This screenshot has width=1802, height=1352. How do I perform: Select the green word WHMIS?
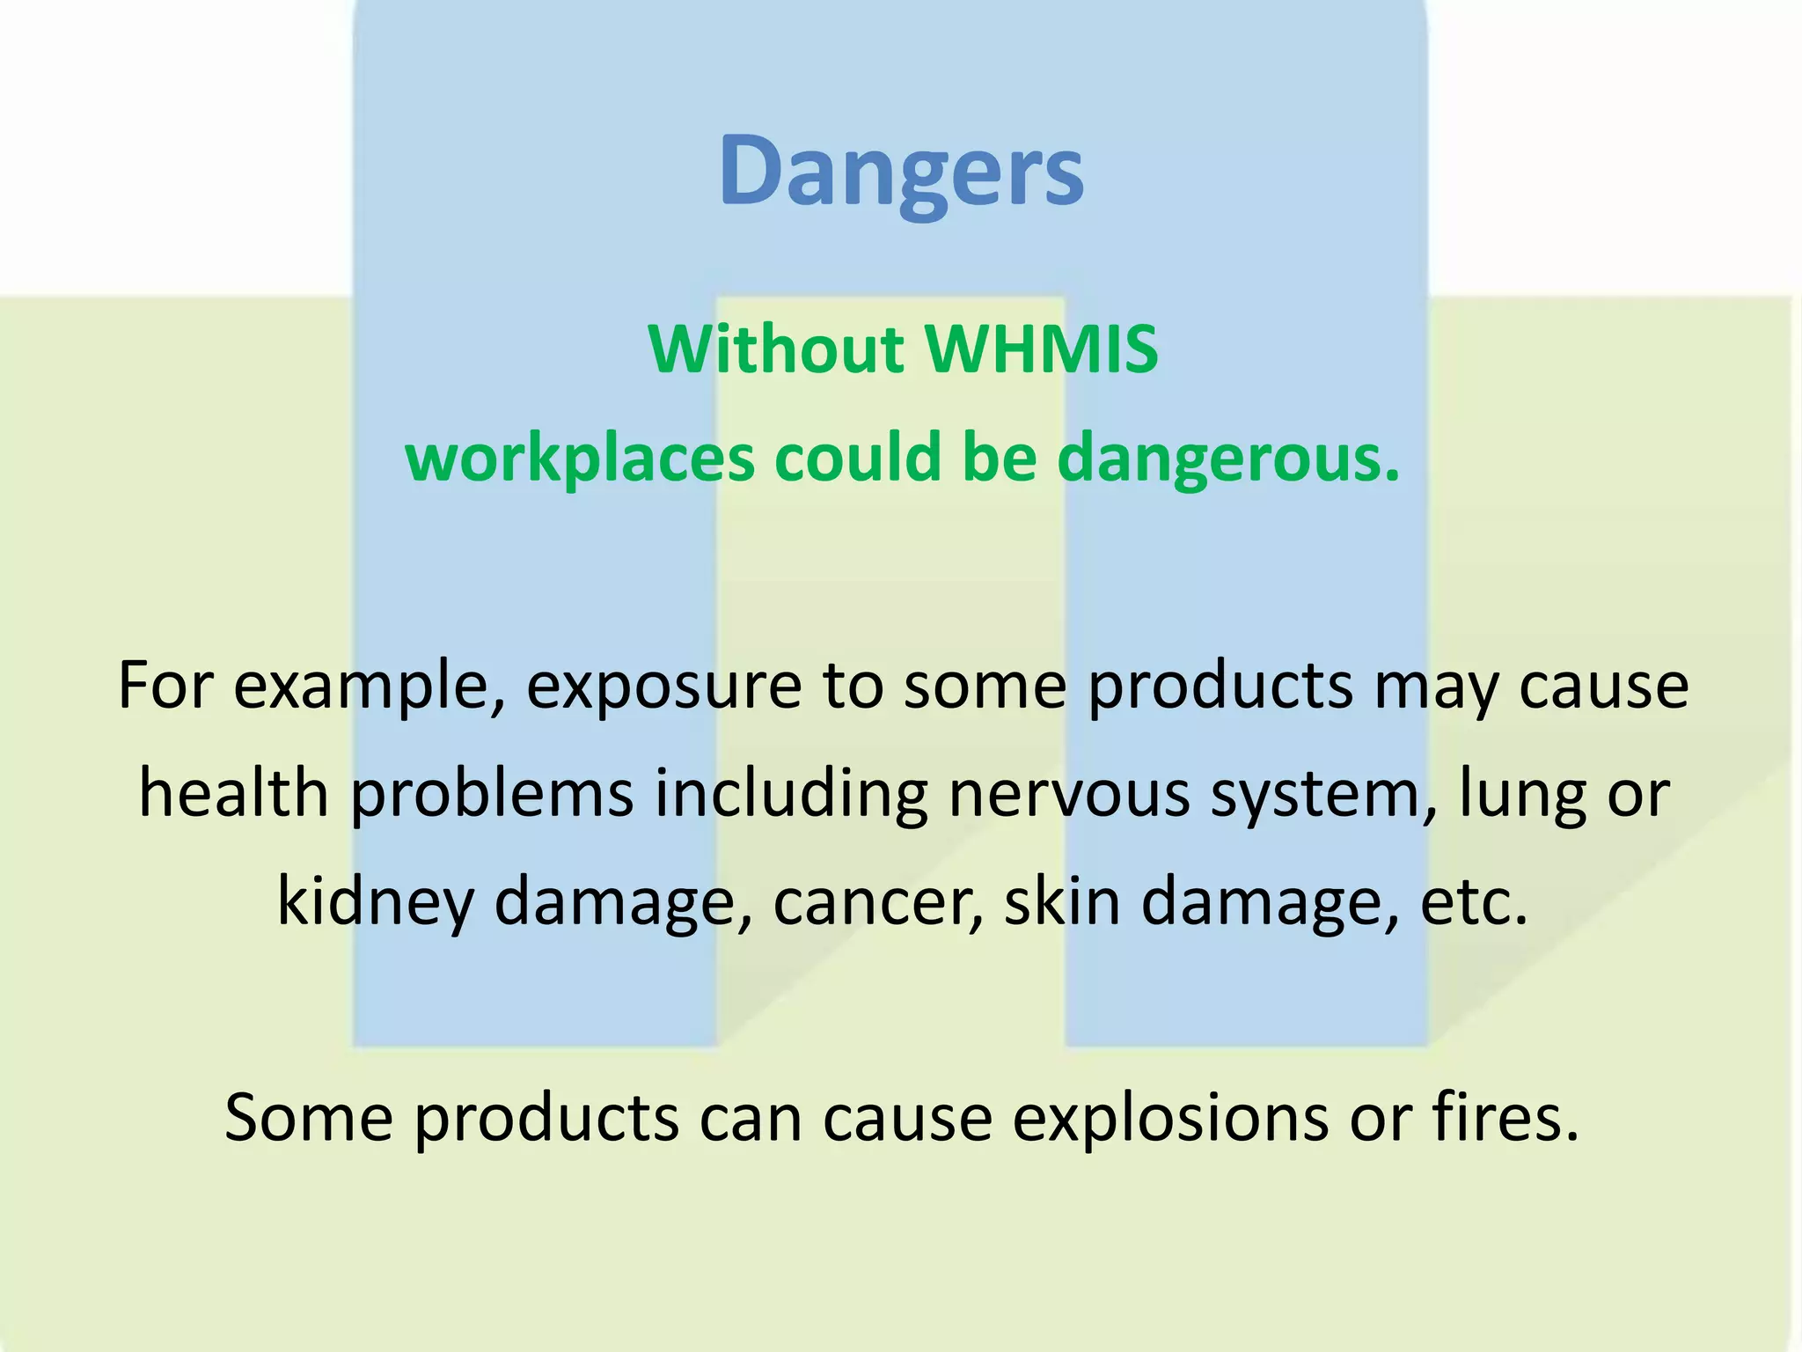(1042, 349)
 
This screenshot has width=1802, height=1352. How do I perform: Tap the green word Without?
(777, 349)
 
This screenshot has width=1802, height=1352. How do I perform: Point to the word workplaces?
(580, 459)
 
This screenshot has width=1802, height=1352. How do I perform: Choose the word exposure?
(664, 687)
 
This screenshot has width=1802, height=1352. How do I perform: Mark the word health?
(234, 793)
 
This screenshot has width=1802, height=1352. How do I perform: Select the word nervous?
(1068, 793)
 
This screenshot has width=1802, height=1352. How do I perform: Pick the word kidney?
(376, 902)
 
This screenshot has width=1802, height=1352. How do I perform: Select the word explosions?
(1170, 1118)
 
